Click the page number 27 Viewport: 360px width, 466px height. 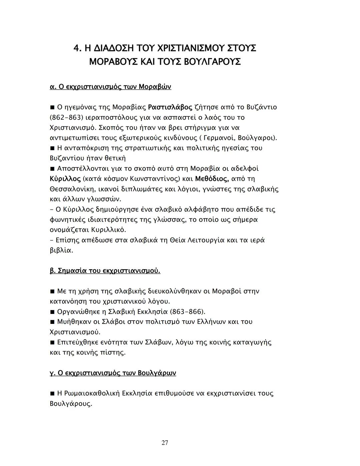pos(165,443)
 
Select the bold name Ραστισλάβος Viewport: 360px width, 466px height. pos(170,107)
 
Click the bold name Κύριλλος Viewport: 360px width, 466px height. pos(65,179)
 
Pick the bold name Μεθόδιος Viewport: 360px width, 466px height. pos(212,179)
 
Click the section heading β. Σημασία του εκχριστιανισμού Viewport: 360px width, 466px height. pos(105,271)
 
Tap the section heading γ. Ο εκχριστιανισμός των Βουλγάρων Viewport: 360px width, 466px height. pos(113,373)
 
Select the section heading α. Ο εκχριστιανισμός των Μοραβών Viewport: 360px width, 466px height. pos(110,87)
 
